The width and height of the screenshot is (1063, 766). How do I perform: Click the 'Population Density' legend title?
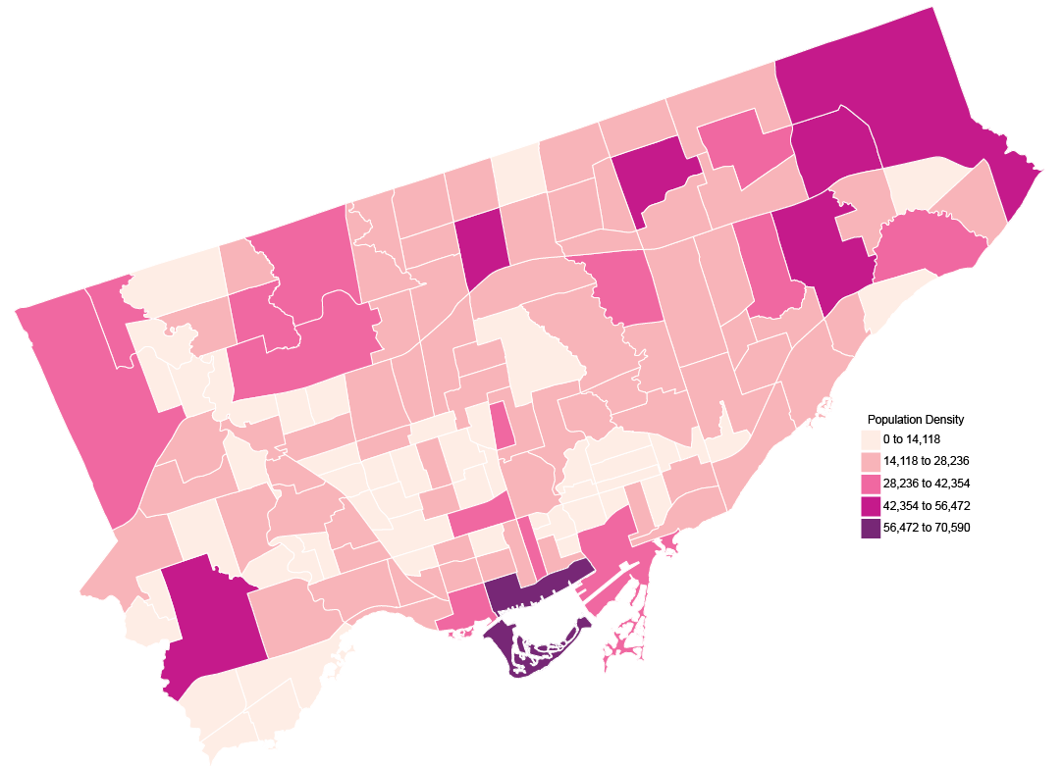click(916, 419)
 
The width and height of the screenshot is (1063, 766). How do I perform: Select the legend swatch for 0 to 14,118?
click(870, 438)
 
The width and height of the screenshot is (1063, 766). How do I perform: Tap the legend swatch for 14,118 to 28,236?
click(870, 461)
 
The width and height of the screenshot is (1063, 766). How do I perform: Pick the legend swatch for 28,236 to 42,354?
click(870, 484)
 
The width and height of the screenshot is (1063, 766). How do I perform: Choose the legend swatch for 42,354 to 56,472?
click(870, 505)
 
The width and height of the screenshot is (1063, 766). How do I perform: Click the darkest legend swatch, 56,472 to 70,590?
click(870, 528)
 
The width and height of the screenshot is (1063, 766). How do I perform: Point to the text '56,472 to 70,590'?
click(927, 528)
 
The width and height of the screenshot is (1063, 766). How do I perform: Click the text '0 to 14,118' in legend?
click(912, 438)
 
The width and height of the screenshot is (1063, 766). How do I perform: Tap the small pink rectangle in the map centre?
click(502, 426)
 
